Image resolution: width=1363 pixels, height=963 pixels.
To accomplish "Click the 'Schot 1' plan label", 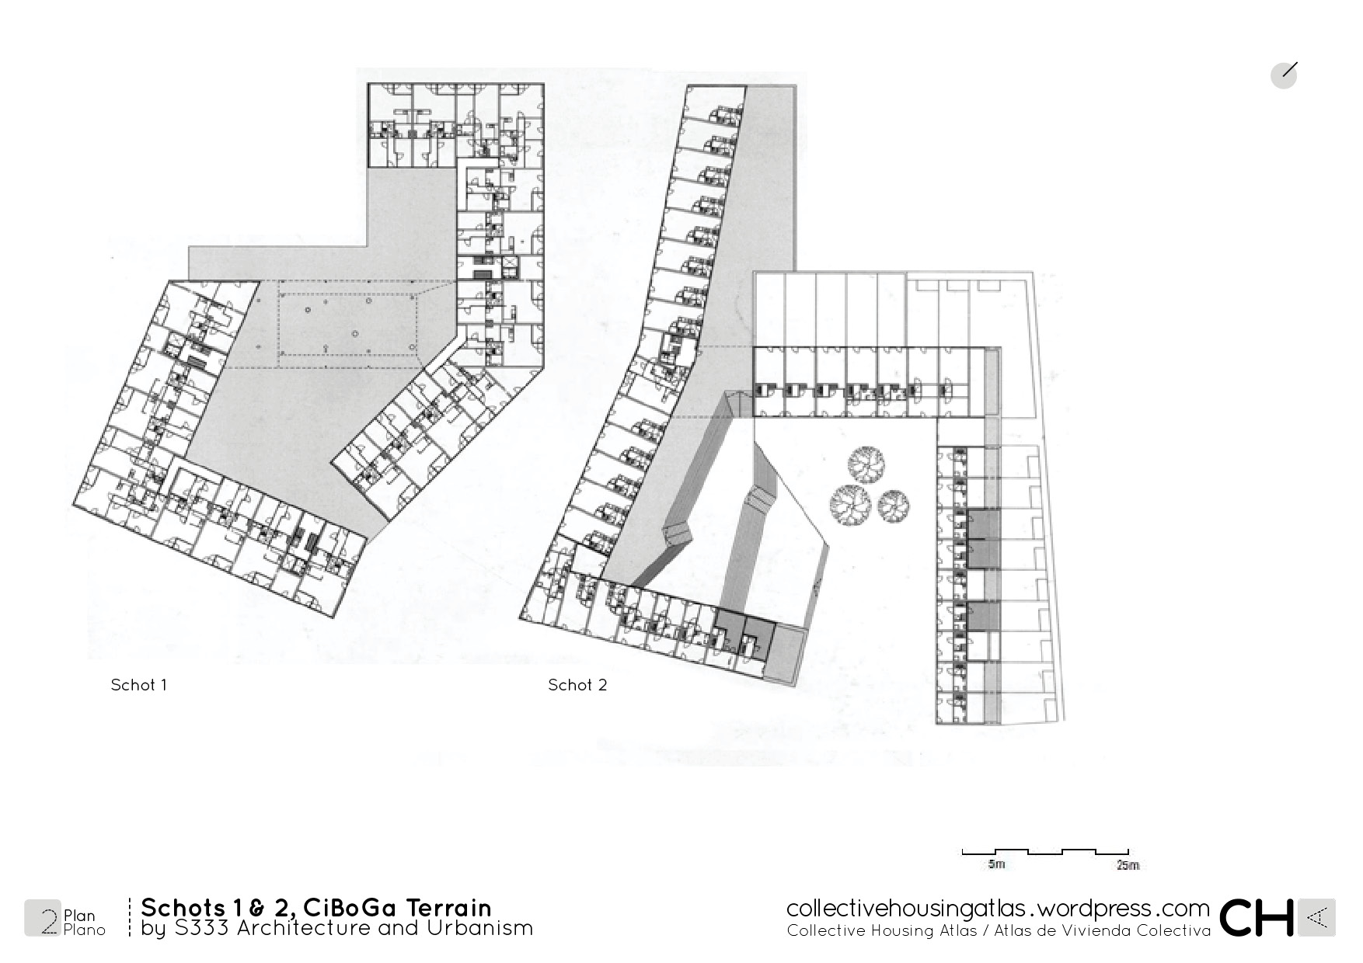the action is coord(138,685).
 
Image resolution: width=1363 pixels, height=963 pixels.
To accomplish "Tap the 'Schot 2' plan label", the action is coord(577,685).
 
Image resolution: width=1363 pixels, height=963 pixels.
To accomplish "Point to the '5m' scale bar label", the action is coord(995,864).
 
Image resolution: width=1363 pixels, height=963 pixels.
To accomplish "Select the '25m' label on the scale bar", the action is coord(1128,864).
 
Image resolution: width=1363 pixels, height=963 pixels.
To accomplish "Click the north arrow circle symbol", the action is coord(1284,75).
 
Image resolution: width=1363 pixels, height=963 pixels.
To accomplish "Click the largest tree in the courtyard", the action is coord(851,505).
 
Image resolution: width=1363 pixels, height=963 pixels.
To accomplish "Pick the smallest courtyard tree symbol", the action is coord(894,506).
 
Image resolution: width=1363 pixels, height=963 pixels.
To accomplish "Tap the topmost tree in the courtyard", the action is coord(866,464).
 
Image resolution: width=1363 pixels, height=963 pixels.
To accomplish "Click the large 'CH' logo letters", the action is coord(1257,918).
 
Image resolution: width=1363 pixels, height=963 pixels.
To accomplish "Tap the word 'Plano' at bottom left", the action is coord(84,930).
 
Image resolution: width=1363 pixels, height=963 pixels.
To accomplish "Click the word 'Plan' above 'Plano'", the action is coord(79,916).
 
